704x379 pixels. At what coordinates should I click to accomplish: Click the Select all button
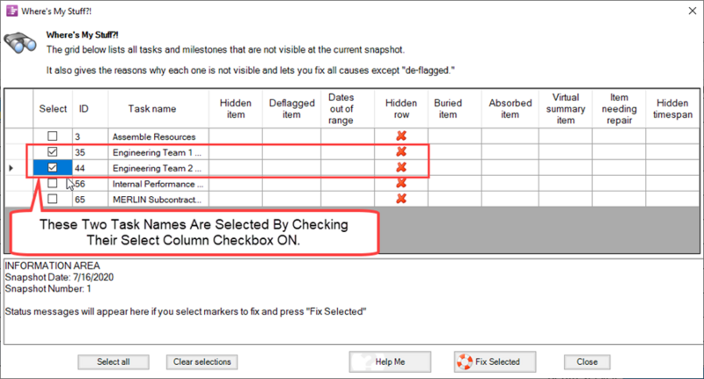[114, 362]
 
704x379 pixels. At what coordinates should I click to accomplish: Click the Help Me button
[390, 362]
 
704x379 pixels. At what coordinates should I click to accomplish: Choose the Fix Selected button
[495, 362]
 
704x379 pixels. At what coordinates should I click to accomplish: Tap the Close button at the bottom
[587, 362]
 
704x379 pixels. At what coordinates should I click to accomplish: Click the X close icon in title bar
[693, 11]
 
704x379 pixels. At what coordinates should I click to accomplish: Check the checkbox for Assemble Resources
[53, 136]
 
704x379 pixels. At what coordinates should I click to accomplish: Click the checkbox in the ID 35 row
[53, 152]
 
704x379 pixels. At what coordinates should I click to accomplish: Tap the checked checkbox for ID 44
[53, 168]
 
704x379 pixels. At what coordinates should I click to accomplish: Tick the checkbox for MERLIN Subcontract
[53, 199]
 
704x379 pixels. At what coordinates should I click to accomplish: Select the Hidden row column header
[401, 108]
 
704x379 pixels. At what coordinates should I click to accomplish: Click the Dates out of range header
[341, 108]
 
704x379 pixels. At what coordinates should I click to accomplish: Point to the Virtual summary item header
[566, 108]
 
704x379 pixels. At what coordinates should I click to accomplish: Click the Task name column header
[152, 108]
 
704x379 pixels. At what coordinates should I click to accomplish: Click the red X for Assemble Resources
[401, 136]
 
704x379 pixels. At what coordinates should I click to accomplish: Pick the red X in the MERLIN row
[401, 199]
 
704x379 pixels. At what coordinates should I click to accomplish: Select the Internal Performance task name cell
[158, 184]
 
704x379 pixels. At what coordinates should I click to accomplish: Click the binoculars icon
[20, 42]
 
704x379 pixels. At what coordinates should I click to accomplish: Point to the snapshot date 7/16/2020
[93, 277]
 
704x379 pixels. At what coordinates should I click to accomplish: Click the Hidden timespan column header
[672, 108]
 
